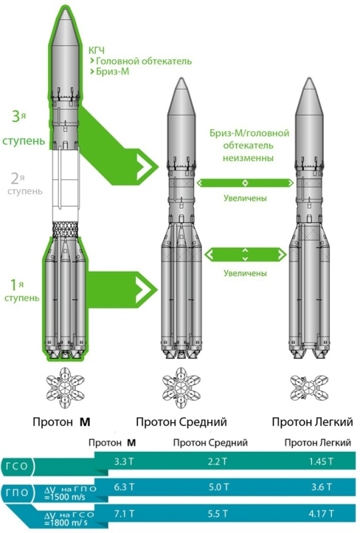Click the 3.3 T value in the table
pos(125,461)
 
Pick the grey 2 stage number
pos(15,178)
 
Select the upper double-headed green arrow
pos(245,182)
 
